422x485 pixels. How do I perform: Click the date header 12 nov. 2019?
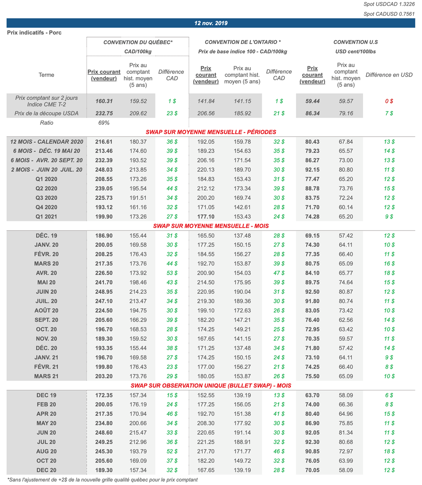pyautogui.click(x=211, y=23)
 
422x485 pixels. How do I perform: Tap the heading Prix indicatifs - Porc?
pyautogui.click(x=34, y=33)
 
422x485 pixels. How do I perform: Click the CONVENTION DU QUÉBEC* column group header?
pyautogui.click(x=138, y=42)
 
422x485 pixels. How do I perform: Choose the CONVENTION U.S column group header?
pyautogui.click(x=355, y=42)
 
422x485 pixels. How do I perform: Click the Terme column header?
pyautogui.click(x=46, y=75)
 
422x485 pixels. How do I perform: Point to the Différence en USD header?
pyautogui.click(x=389, y=75)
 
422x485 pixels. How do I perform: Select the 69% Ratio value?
pyautogui.click(x=104, y=123)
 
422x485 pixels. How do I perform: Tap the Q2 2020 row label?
pyautogui.click(x=46, y=189)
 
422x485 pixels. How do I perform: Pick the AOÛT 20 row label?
pyautogui.click(x=46, y=311)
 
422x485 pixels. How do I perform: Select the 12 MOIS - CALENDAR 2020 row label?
pyautogui.click(x=47, y=142)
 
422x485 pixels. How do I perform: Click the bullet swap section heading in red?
pyautogui.click(x=211, y=386)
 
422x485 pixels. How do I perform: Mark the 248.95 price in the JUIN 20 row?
pyautogui.click(x=104, y=292)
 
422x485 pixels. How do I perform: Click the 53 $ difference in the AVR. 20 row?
pyautogui.click(x=172, y=273)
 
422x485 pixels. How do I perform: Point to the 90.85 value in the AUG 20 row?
pyautogui.click(x=312, y=452)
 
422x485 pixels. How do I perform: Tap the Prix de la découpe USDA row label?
pyautogui.click(x=46, y=113)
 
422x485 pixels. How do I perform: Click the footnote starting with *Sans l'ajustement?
pyautogui.click(x=102, y=480)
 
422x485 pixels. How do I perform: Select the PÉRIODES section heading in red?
pyautogui.click(x=211, y=132)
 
